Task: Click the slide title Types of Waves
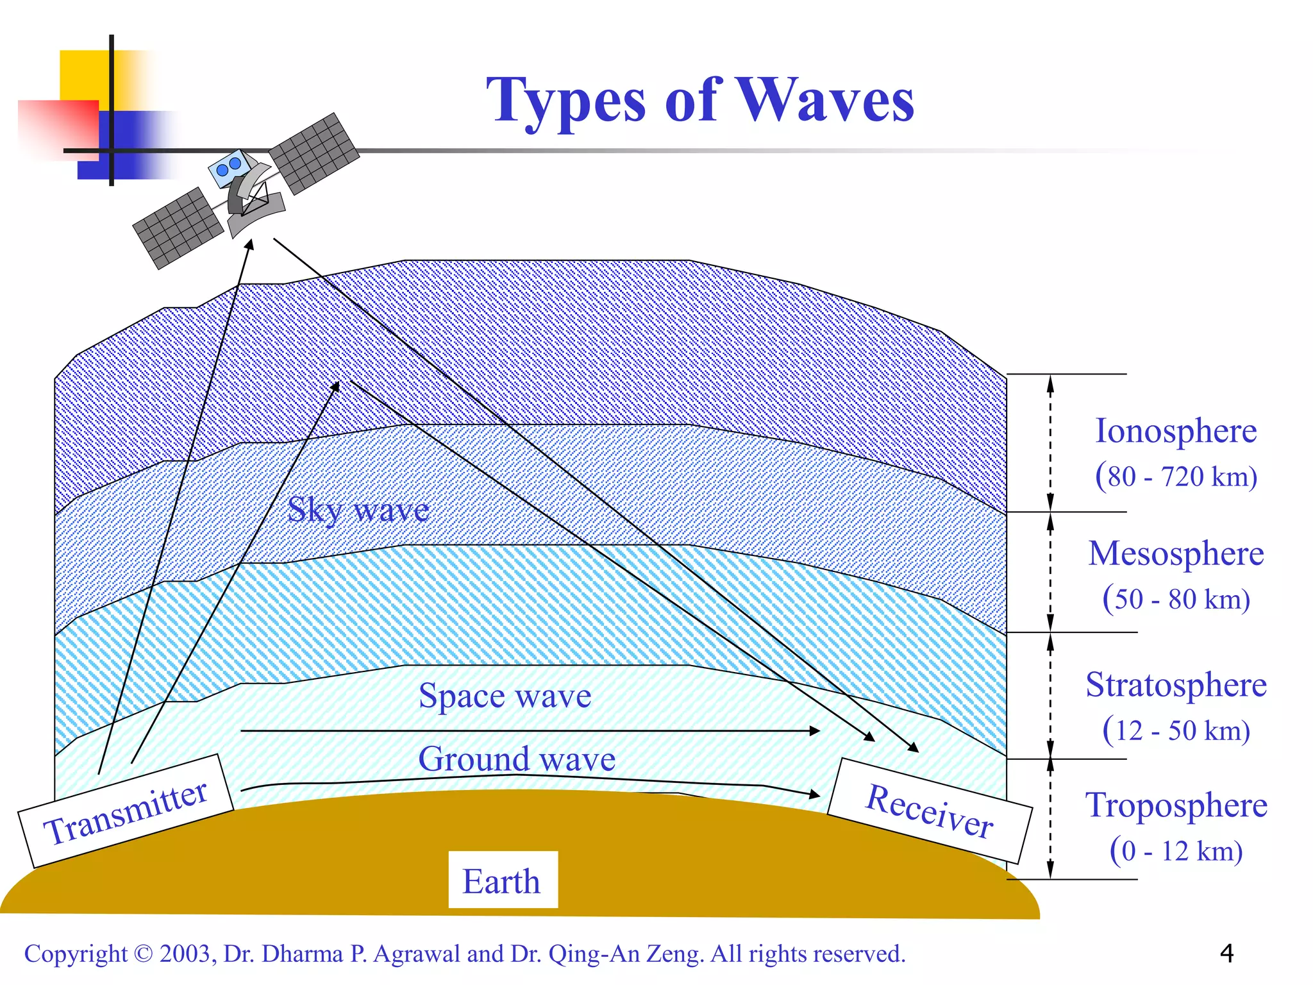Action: coord(699,100)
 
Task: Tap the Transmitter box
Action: coord(126,812)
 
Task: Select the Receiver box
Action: coord(930,811)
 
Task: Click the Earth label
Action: coord(502,880)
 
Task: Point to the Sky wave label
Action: coord(358,510)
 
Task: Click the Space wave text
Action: coord(505,696)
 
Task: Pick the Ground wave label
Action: coord(517,759)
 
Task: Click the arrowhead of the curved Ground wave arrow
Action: coord(815,795)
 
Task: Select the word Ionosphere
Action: coord(1175,431)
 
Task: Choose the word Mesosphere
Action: coord(1175,553)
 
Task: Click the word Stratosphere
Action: coord(1175,685)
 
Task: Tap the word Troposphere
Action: coord(1175,805)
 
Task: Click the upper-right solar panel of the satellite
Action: coord(314,153)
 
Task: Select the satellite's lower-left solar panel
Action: coord(178,228)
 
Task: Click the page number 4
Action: coord(1226,954)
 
